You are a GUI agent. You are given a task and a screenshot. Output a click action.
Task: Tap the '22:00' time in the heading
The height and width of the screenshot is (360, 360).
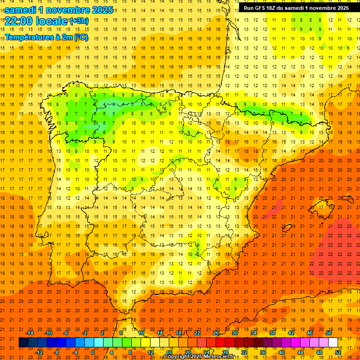pyautogui.click(x=18, y=21)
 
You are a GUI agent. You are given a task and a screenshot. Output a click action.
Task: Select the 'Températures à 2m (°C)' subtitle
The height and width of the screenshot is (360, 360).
pyautogui.click(x=46, y=37)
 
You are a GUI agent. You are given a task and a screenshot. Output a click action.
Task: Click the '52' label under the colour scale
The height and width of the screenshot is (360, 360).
pyautogui.click(x=338, y=352)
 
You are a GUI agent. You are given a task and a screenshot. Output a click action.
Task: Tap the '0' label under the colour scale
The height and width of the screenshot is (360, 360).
pyautogui.click(x=93, y=352)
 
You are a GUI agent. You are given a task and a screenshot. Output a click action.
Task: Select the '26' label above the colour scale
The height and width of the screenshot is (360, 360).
pyautogui.click(x=216, y=332)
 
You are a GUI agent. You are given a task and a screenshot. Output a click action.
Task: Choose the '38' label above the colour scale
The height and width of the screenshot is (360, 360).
pyautogui.click(x=272, y=332)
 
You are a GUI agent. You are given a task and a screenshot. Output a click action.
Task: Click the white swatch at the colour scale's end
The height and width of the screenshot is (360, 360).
pyautogui.click(x=333, y=343)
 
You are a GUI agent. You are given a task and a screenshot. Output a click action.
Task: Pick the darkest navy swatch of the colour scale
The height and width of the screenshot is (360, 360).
pyautogui.click(x=23, y=343)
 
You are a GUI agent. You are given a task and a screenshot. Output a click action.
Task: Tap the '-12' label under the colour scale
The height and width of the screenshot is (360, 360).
pyautogui.click(x=39, y=352)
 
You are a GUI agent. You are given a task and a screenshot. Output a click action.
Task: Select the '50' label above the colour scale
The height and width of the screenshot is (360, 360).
pyautogui.click(x=329, y=332)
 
